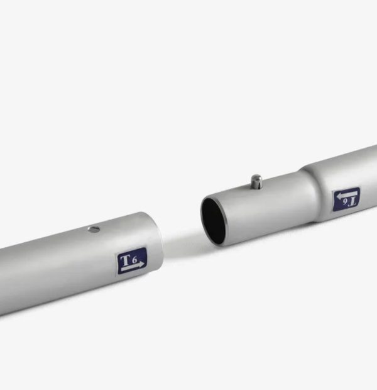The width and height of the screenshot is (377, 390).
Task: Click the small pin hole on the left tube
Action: (94, 230)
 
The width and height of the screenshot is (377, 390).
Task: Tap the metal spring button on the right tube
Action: (256, 182)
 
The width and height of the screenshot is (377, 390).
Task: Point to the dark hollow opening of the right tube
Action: (214, 221)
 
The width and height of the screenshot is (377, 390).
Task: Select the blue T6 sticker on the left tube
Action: (132, 260)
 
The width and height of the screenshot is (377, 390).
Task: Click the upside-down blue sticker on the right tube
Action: (346, 199)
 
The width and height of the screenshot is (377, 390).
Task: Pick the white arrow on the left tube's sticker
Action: (133, 267)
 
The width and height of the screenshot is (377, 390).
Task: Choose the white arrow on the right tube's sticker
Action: (347, 194)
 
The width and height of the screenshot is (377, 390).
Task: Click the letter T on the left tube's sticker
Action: (125, 260)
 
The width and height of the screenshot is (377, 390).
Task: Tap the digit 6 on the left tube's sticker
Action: (134, 260)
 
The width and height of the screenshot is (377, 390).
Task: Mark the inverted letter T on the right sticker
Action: (352, 202)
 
